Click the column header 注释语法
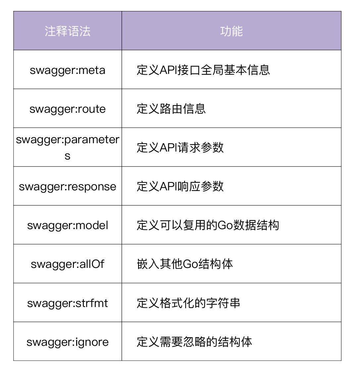68,31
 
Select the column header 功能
231,31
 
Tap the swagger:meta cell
68,70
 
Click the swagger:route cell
68,109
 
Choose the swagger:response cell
68,186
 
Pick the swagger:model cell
68,225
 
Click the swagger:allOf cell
68,264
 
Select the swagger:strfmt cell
68,303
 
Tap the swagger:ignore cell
68,342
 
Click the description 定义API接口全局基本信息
203,70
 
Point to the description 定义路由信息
171,109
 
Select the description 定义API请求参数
180,148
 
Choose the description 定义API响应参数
180,186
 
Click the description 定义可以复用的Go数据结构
208,225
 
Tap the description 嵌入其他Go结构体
185,264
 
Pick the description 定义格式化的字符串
188,303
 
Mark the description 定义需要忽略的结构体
194,342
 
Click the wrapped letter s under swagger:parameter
68,156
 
